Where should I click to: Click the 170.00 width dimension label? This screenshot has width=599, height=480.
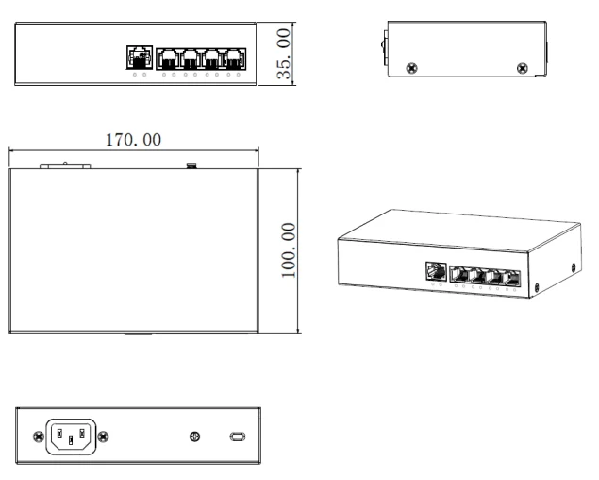pyautogui.click(x=133, y=140)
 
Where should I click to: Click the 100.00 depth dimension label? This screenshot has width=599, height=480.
pyautogui.click(x=289, y=250)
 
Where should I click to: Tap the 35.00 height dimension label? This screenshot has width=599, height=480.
pyautogui.click(x=284, y=54)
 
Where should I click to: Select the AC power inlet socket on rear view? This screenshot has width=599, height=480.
pyautogui.click(x=71, y=437)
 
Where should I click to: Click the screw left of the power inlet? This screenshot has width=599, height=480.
pyautogui.click(x=39, y=437)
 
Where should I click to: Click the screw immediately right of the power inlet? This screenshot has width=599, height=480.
pyautogui.click(x=103, y=437)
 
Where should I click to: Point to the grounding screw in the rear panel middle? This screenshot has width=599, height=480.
pyautogui.click(x=195, y=437)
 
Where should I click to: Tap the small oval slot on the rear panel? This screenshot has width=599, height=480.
pyautogui.click(x=238, y=437)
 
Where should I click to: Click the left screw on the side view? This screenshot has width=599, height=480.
pyautogui.click(x=411, y=68)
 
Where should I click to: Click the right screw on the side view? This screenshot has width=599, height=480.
pyautogui.click(x=523, y=68)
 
